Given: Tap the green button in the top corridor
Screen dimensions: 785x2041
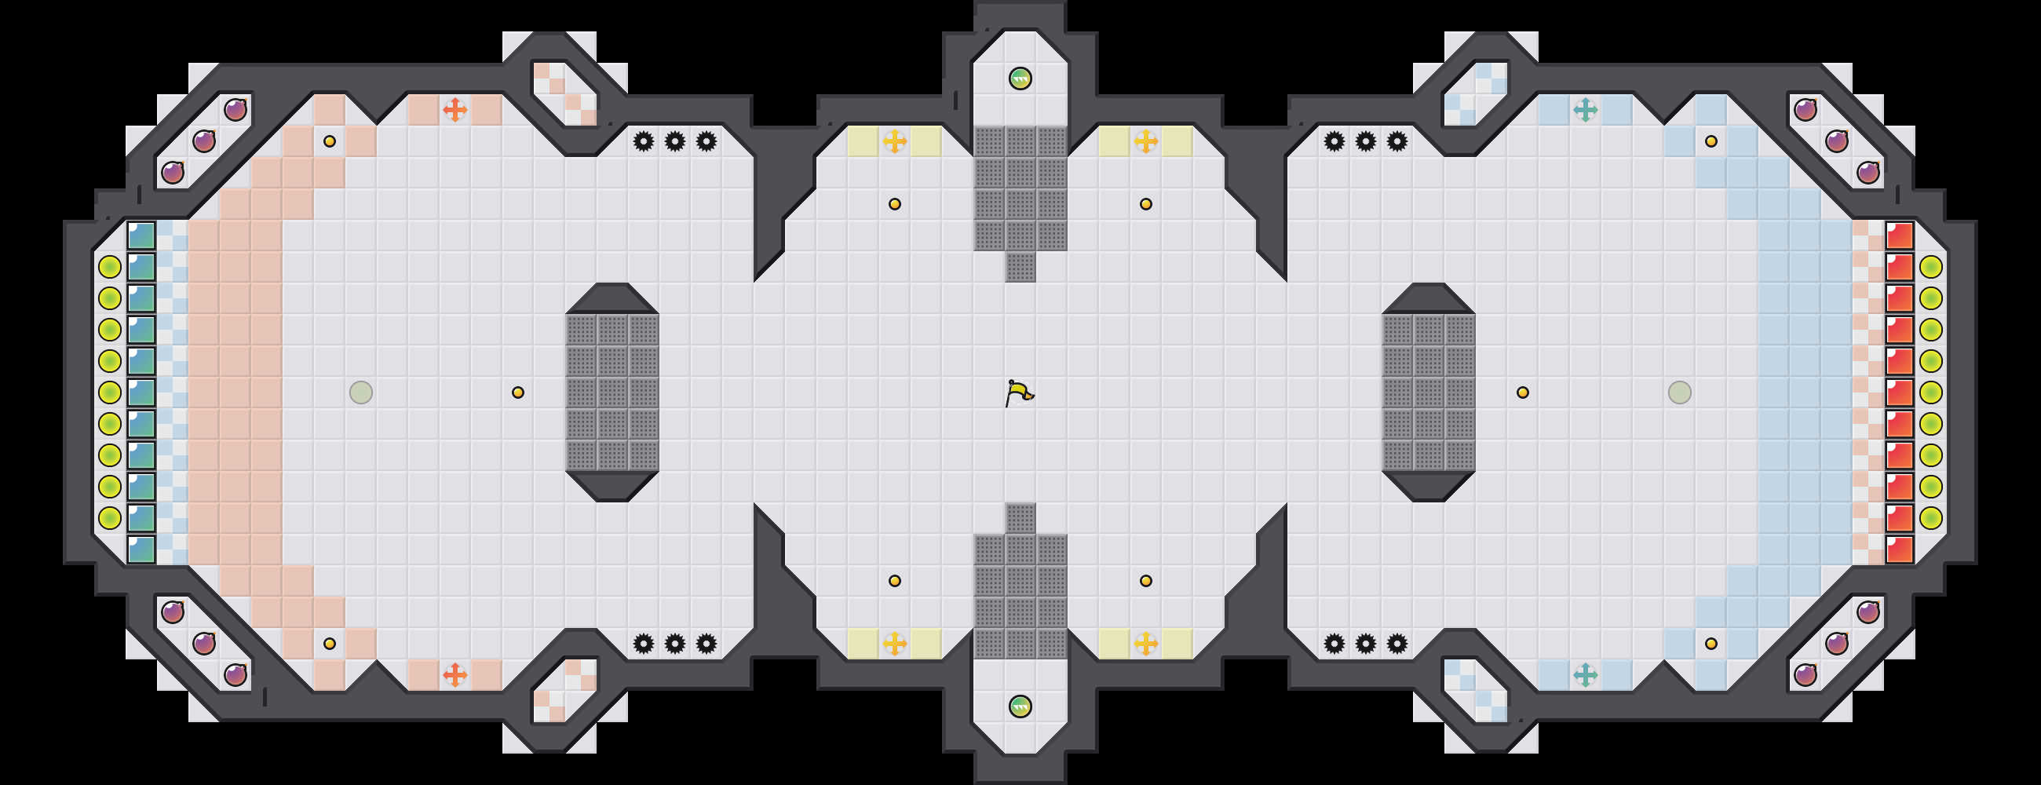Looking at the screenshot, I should [x=1020, y=78].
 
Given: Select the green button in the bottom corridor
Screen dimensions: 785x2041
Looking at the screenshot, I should [x=1020, y=706].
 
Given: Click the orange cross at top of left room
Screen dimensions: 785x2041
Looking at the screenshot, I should [x=455, y=109].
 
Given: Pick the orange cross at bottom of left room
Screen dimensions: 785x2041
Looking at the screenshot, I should [x=455, y=675].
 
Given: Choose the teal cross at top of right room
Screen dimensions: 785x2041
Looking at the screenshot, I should [x=1586, y=109].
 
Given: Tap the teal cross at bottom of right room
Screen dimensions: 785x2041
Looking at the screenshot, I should [x=1586, y=675].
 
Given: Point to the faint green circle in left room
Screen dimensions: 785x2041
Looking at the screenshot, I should [x=360, y=392].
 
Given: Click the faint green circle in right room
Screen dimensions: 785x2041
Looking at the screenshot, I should [x=1680, y=392].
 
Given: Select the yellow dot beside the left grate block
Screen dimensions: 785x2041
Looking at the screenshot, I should [x=517, y=392].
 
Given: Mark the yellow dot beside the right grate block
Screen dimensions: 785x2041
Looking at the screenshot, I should [x=1523, y=392].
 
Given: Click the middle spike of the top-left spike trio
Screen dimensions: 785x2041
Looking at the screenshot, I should [x=675, y=142].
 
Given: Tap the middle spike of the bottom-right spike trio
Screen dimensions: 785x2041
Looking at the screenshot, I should [x=1366, y=643].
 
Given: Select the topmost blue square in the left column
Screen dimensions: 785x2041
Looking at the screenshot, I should [x=141, y=235].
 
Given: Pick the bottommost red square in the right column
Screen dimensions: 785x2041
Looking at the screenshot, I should [x=1900, y=549].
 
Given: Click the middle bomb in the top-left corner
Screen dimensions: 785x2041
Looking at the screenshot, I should [x=204, y=141].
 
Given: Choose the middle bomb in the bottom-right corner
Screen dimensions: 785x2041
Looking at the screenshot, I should [x=1837, y=643].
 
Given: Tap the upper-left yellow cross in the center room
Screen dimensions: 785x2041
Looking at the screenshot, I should [x=895, y=142].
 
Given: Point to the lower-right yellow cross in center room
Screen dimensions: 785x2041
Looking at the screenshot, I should [x=1145, y=643].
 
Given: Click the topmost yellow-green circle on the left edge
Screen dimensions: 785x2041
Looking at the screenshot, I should [x=109, y=267].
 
